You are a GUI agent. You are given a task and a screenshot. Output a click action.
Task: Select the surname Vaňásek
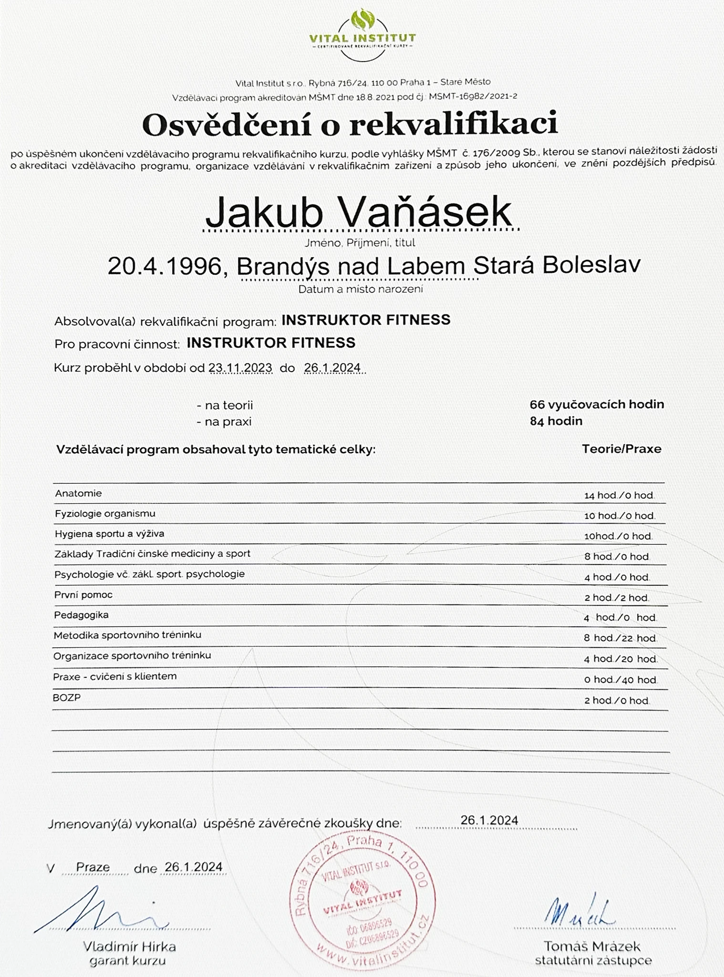pyautogui.click(x=425, y=212)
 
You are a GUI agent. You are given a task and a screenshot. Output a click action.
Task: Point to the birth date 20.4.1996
pyautogui.click(x=165, y=266)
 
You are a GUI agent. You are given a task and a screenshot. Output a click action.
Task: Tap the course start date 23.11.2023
pyautogui.click(x=240, y=368)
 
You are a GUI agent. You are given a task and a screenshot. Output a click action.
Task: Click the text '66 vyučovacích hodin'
pyautogui.click(x=597, y=405)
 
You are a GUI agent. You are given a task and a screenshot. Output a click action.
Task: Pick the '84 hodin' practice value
pyautogui.click(x=556, y=421)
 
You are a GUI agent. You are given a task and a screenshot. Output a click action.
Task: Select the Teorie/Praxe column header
pyautogui.click(x=621, y=449)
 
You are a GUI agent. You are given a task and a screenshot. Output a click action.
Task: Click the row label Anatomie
pyautogui.click(x=78, y=493)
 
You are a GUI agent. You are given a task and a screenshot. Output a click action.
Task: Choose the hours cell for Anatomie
pyautogui.click(x=619, y=496)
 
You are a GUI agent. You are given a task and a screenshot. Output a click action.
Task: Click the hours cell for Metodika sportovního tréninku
pyautogui.click(x=620, y=638)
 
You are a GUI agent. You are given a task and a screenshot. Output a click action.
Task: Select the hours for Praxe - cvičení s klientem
pyautogui.click(x=620, y=680)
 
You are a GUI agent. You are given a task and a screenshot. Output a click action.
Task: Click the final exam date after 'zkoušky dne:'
pyautogui.click(x=489, y=820)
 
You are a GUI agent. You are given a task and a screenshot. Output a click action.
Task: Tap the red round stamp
pyautogui.click(x=362, y=902)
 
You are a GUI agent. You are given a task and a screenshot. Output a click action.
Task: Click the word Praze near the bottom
pyautogui.click(x=93, y=867)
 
